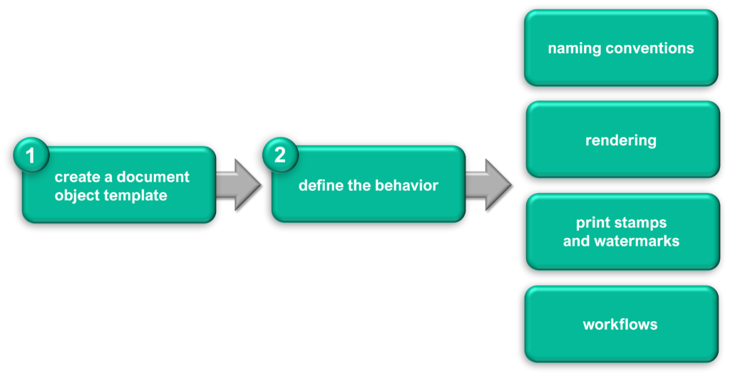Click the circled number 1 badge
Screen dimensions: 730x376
(x=31, y=155)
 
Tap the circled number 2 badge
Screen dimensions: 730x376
(x=280, y=155)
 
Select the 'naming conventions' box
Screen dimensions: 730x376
(x=621, y=48)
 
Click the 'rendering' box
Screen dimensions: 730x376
(x=623, y=140)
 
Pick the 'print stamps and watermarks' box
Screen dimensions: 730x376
(x=623, y=231)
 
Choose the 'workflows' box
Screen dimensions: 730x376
(x=621, y=324)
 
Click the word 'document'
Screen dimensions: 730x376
(x=153, y=177)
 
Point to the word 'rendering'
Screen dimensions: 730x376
(x=621, y=140)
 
